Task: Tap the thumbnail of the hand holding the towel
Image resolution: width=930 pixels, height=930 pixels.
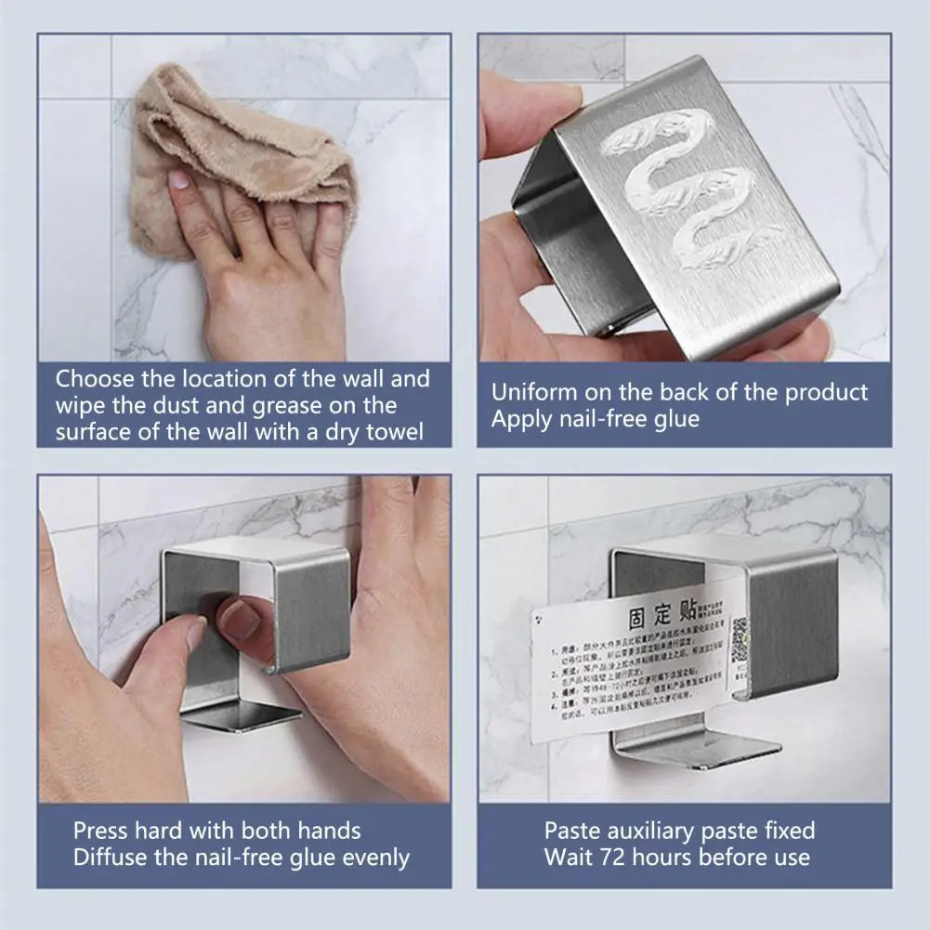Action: tap(179, 179)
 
